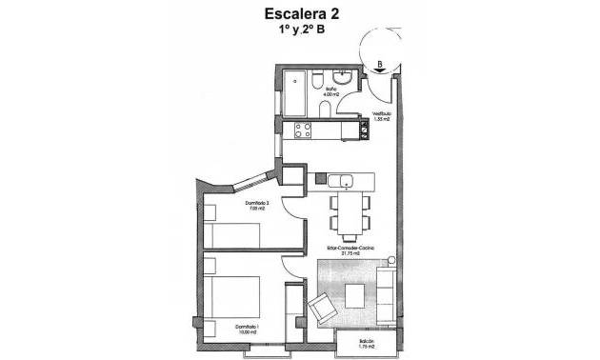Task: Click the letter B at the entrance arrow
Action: (380, 66)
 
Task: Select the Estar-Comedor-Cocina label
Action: (350, 248)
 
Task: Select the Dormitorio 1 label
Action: (248, 328)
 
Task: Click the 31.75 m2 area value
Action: (350, 254)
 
